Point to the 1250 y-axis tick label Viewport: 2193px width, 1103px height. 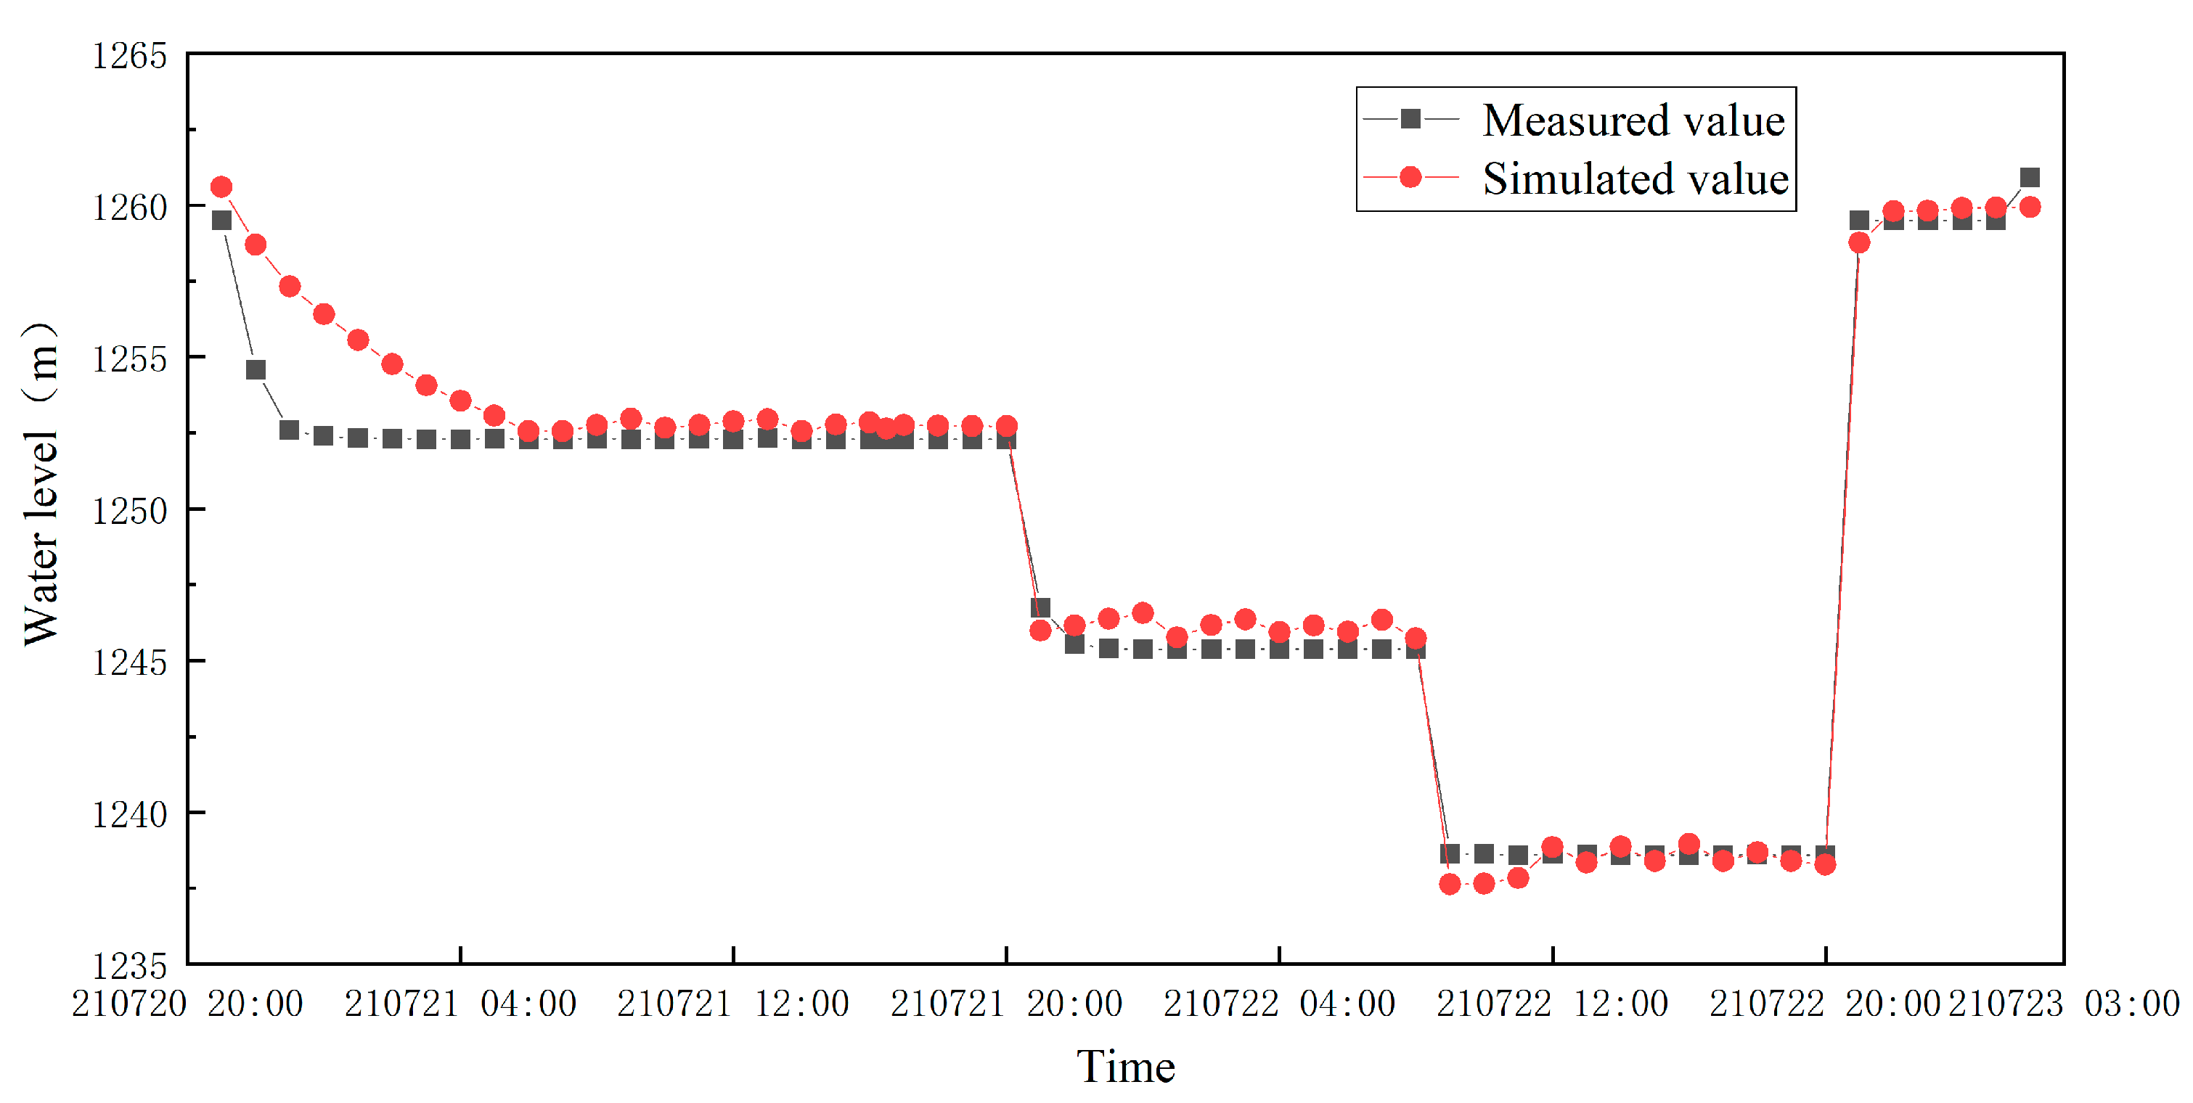(129, 512)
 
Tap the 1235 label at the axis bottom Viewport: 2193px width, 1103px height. (129, 966)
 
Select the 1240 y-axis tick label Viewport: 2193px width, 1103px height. (129, 814)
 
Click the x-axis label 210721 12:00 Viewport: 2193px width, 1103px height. (733, 1004)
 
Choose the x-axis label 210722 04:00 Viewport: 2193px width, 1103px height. (1278, 1004)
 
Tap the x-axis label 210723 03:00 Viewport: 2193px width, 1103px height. (2064, 1004)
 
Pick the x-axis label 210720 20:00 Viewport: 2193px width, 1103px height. (187, 1004)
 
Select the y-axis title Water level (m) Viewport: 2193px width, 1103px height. (41, 485)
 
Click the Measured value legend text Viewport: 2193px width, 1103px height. (1633, 120)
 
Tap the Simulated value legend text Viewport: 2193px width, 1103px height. (1635, 179)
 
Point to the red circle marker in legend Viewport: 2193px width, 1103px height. (1410, 177)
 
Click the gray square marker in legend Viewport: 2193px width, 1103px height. (1410, 119)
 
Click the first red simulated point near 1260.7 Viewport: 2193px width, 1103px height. (221, 186)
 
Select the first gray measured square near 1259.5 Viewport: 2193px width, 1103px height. (221, 221)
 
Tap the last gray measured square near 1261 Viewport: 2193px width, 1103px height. (2030, 177)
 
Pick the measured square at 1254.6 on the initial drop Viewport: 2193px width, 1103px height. (256, 369)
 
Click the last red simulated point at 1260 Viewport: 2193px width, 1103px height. (2030, 207)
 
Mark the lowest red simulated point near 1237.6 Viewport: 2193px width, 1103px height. (1449, 885)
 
